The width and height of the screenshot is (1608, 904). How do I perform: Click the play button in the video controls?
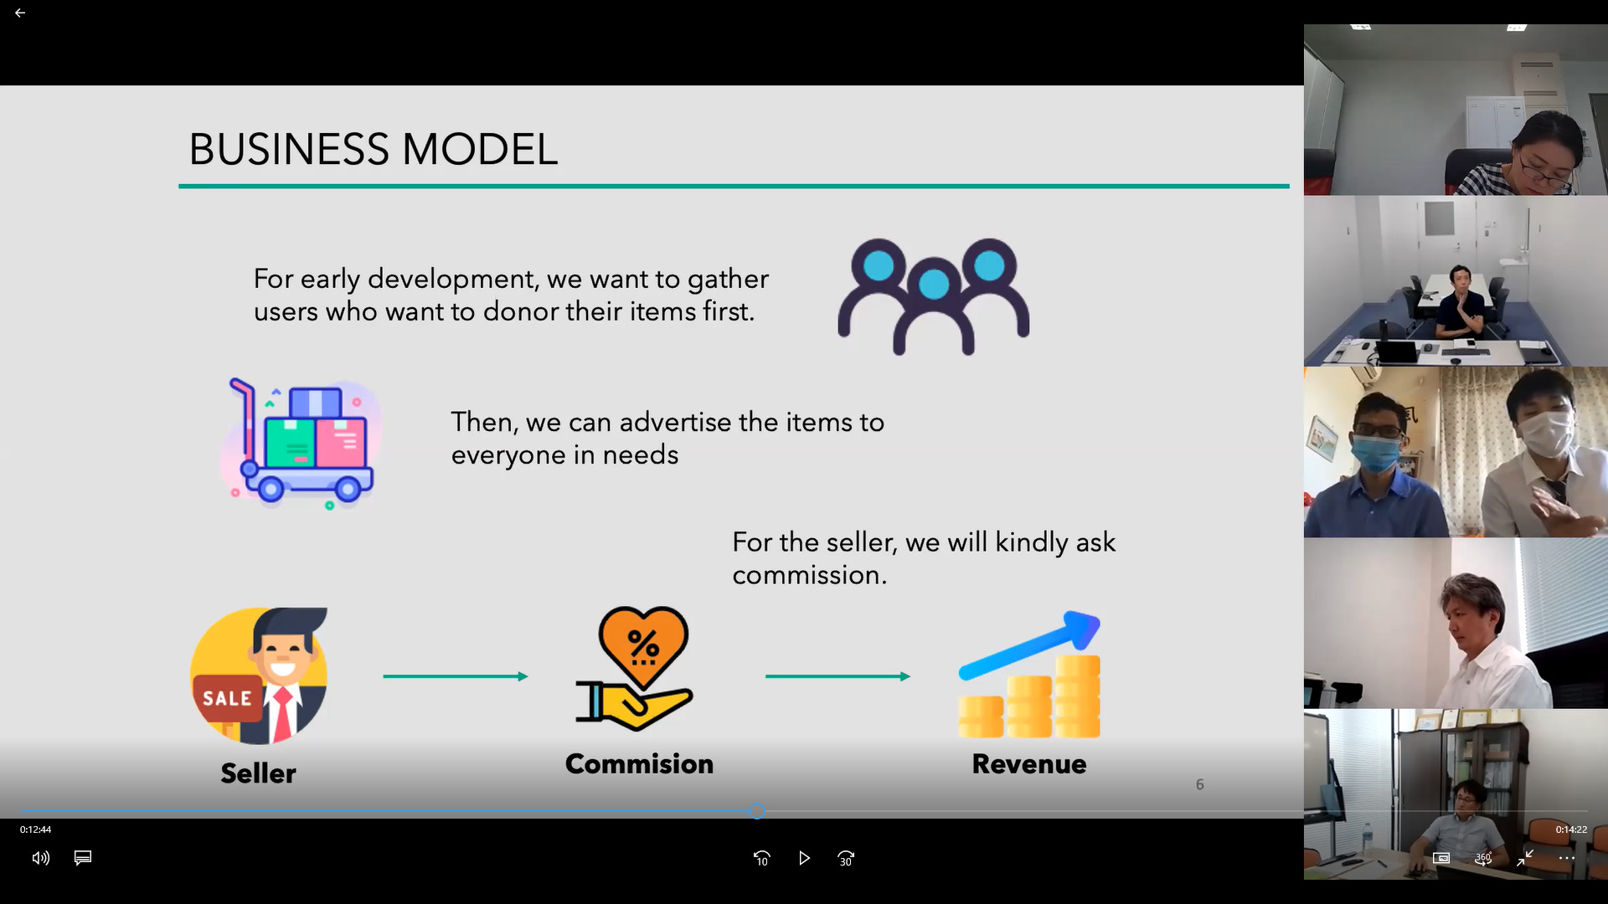click(804, 858)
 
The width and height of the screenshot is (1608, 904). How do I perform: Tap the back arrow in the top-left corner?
click(20, 13)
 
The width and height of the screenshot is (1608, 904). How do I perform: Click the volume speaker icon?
click(41, 858)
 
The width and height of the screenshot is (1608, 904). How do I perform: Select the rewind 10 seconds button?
click(761, 858)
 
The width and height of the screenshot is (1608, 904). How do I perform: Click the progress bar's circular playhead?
click(757, 811)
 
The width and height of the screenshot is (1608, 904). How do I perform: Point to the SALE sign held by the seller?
click(226, 698)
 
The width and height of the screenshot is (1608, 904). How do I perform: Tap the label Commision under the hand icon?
click(639, 763)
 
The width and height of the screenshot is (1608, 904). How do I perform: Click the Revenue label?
click(1029, 763)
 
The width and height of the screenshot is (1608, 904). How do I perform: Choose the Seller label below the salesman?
click(258, 773)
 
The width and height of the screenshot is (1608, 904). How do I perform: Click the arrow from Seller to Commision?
click(456, 676)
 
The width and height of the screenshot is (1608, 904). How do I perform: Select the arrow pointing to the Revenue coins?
click(837, 676)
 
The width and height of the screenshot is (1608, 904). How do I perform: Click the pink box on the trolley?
click(341, 443)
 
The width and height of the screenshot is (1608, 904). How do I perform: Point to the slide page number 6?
click(1199, 784)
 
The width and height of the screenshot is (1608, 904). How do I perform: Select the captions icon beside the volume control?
click(83, 858)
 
